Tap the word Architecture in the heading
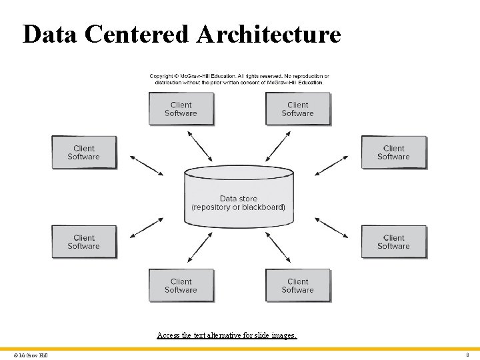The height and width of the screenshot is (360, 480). pyautogui.click(x=269, y=34)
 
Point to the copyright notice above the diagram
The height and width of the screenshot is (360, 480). pyautogui.click(x=239, y=79)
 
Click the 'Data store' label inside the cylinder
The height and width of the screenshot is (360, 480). pyautogui.click(x=238, y=199)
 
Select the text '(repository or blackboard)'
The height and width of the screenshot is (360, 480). pyautogui.click(x=238, y=207)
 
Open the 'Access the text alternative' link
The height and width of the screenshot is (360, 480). pyautogui.click(x=227, y=335)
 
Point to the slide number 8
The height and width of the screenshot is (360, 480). pyautogui.click(x=467, y=355)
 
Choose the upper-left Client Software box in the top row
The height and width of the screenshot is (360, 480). pyautogui.click(x=181, y=109)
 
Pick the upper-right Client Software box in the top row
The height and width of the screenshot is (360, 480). pyautogui.click(x=297, y=109)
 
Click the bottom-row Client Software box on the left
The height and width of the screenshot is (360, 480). pyautogui.click(x=181, y=285)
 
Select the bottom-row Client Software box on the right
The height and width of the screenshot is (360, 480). pyautogui.click(x=297, y=285)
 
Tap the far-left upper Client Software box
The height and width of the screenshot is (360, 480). pyautogui.click(x=84, y=153)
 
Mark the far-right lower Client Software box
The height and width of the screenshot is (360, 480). pyautogui.click(x=393, y=241)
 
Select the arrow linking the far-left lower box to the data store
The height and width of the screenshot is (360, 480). pyautogui.click(x=146, y=227)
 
